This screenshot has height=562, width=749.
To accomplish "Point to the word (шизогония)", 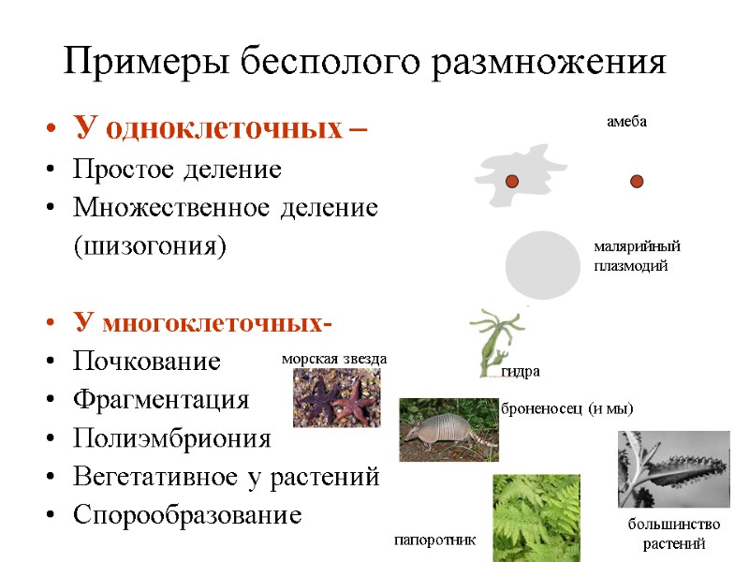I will point(150,247).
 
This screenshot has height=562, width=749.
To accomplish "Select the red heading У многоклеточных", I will point(200,324).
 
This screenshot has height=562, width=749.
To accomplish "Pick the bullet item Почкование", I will point(147,362).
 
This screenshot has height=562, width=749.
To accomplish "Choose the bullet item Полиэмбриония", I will point(171,438).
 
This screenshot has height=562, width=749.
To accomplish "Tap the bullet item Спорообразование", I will point(187,515).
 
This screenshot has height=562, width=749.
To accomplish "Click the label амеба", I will point(626,122).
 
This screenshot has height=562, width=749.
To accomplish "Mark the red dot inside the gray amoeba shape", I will point(512,181).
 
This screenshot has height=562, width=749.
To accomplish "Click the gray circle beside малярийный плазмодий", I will point(543,264).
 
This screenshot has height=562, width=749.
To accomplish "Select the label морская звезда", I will point(334,359).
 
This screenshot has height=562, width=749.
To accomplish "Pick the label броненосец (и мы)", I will point(567,408).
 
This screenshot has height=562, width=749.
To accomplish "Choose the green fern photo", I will point(536,517).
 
